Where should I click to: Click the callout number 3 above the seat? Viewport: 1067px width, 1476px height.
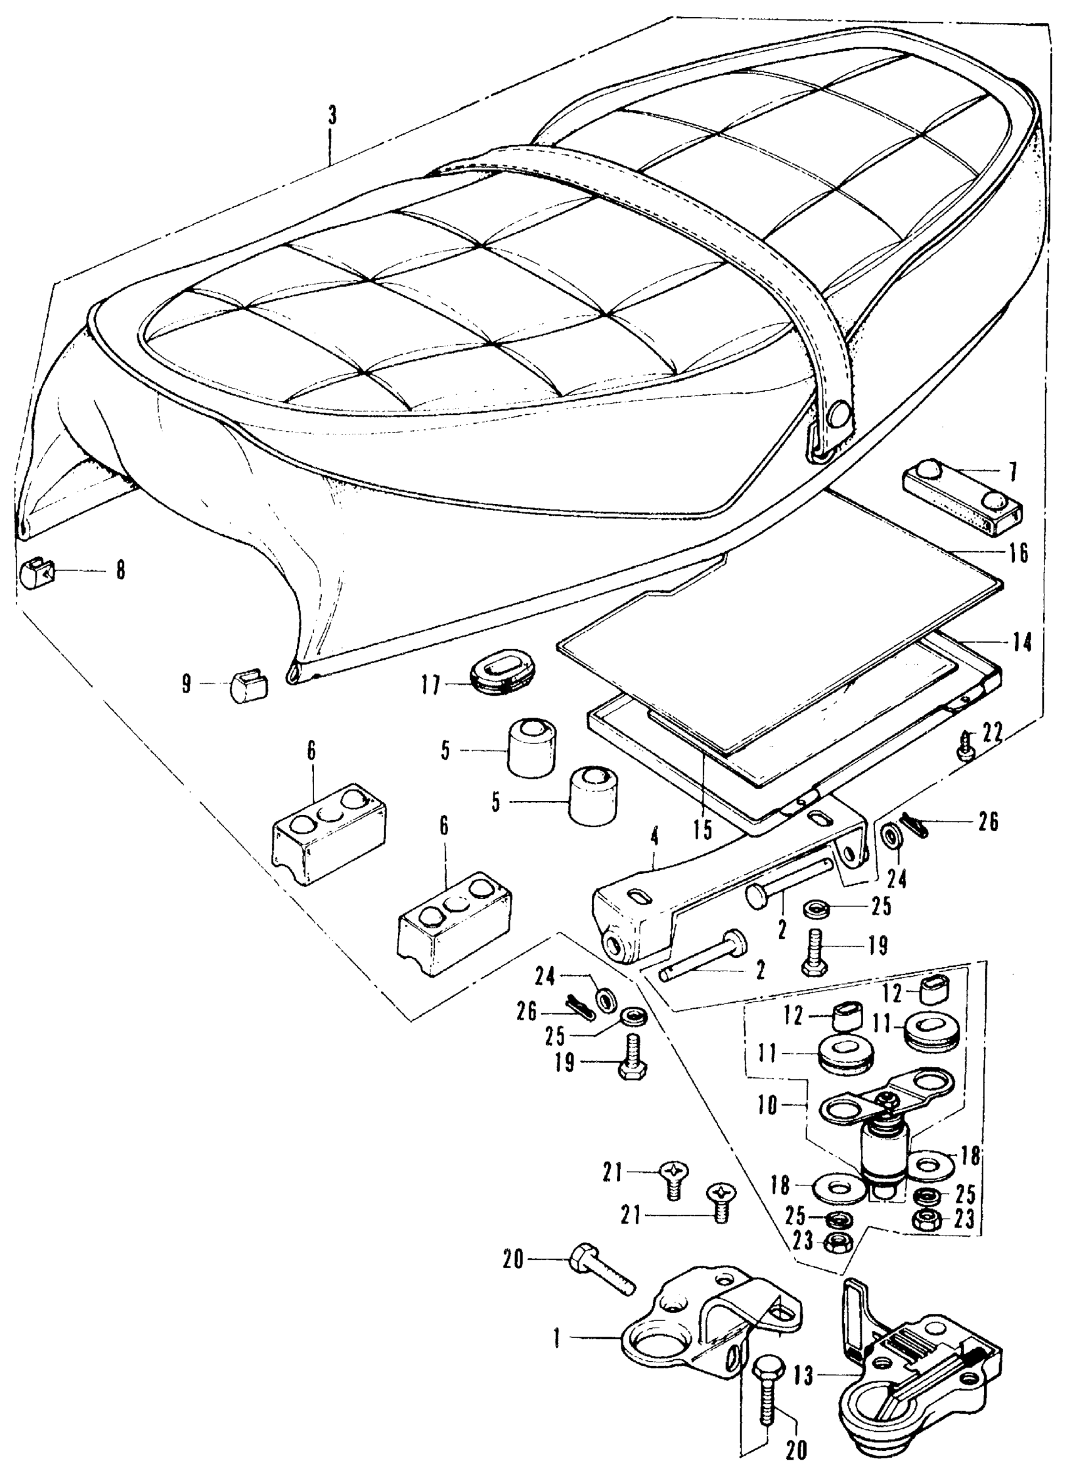pos(332,116)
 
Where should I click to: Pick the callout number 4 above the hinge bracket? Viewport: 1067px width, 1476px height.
pos(654,838)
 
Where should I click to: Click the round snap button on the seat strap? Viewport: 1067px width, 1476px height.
pos(839,412)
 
